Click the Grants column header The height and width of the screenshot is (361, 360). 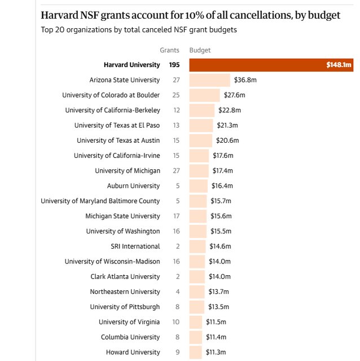(x=169, y=50)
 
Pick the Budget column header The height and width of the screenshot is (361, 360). (x=200, y=50)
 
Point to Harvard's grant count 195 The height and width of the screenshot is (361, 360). (x=174, y=65)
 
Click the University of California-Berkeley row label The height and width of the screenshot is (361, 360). (x=112, y=110)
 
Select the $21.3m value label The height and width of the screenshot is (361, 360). (x=227, y=125)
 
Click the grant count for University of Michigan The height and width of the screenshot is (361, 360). (x=176, y=170)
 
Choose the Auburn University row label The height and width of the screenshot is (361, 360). (x=133, y=186)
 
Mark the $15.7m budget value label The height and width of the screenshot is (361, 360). (x=221, y=201)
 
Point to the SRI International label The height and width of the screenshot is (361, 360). (x=135, y=246)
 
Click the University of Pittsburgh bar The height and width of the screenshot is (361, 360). (x=197, y=307)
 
